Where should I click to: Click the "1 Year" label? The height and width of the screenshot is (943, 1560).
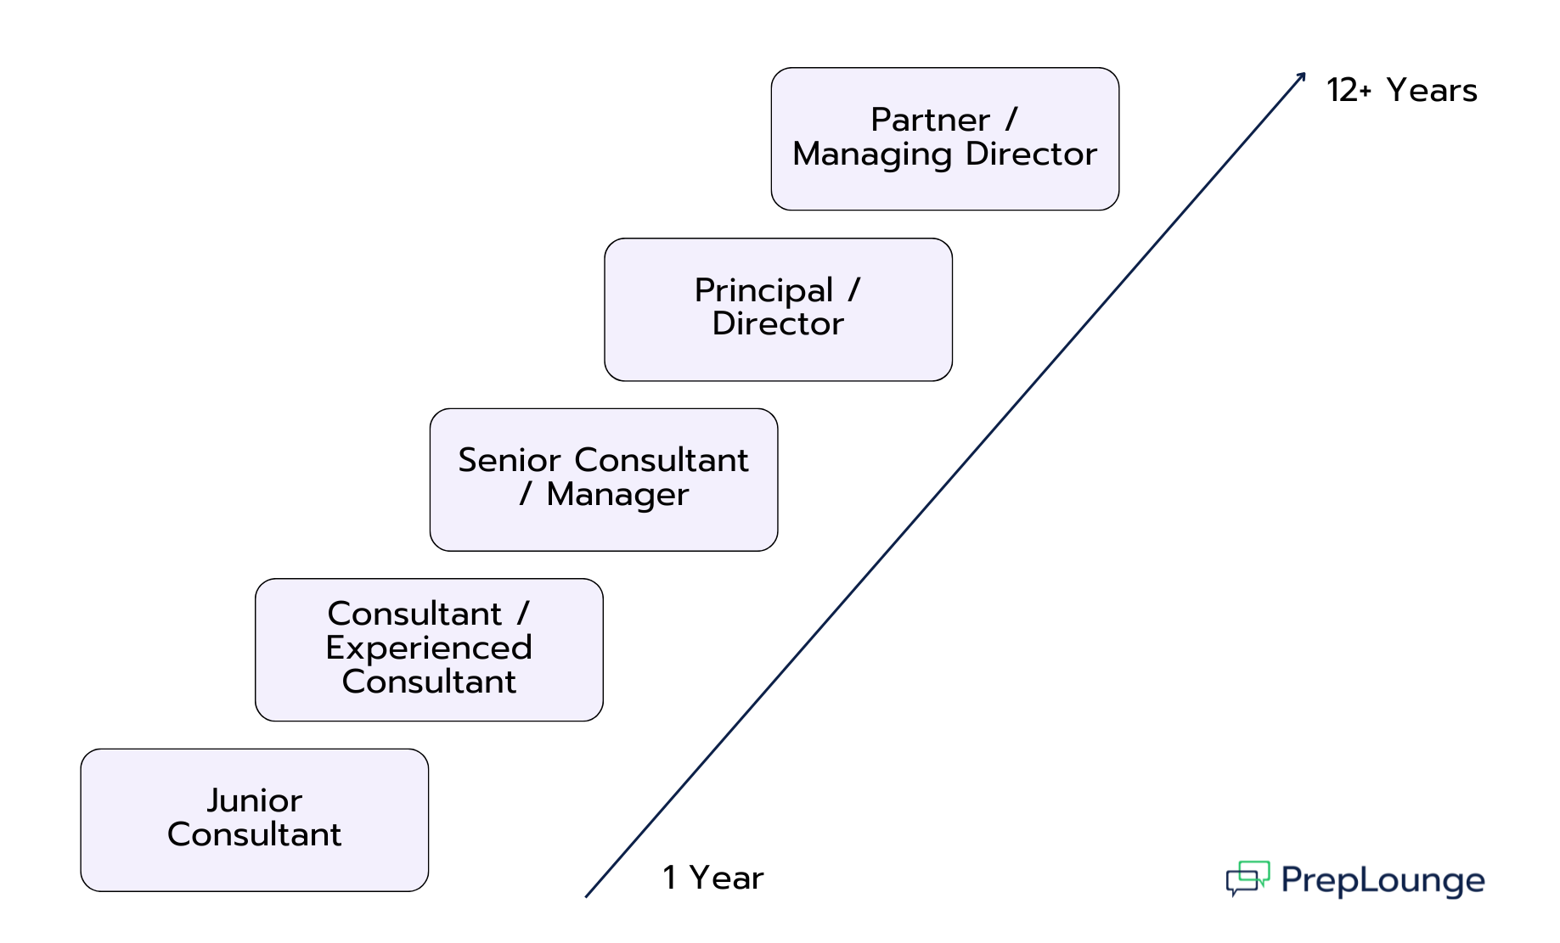[x=712, y=878]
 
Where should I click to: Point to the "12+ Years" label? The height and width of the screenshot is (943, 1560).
[x=1401, y=90]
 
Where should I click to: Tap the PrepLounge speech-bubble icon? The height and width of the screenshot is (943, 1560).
[x=1247, y=878]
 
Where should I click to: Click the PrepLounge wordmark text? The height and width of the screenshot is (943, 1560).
[x=1383, y=880]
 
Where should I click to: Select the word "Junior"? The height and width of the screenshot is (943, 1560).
[x=254, y=800]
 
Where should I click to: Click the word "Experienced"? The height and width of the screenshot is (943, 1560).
[x=429, y=648]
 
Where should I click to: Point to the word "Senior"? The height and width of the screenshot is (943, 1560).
[x=510, y=460]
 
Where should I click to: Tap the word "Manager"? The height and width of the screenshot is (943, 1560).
[x=617, y=494]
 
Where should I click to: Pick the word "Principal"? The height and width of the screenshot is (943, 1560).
[x=763, y=290]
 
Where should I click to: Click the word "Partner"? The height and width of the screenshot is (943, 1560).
[x=930, y=120]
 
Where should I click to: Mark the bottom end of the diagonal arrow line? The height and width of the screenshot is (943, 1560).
[x=587, y=895]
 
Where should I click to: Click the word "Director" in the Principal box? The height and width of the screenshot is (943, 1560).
[x=778, y=323]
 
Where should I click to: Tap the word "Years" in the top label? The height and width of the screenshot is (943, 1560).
[x=1432, y=90]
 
